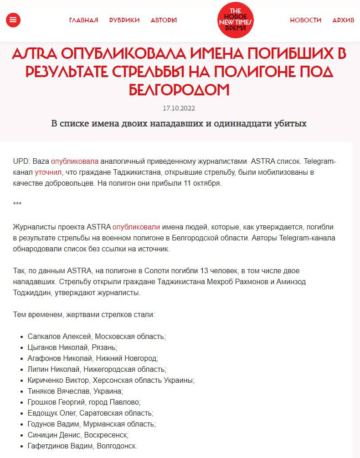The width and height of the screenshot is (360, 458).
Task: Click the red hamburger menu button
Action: tap(13, 20)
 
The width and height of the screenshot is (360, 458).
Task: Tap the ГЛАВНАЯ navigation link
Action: tap(83, 20)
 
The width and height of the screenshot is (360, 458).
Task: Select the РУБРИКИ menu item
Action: tap(124, 20)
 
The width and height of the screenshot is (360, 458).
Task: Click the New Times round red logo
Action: tap(235, 20)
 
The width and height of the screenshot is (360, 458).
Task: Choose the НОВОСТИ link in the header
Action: tap(306, 20)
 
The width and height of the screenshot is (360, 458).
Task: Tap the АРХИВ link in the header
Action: tap(343, 20)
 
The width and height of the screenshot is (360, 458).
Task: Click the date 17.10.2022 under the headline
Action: tap(180, 109)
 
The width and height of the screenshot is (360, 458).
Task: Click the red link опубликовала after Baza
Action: tap(75, 161)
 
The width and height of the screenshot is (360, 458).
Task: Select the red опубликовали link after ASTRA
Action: tap(136, 226)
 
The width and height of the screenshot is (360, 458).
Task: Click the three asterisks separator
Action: tap(18, 204)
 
